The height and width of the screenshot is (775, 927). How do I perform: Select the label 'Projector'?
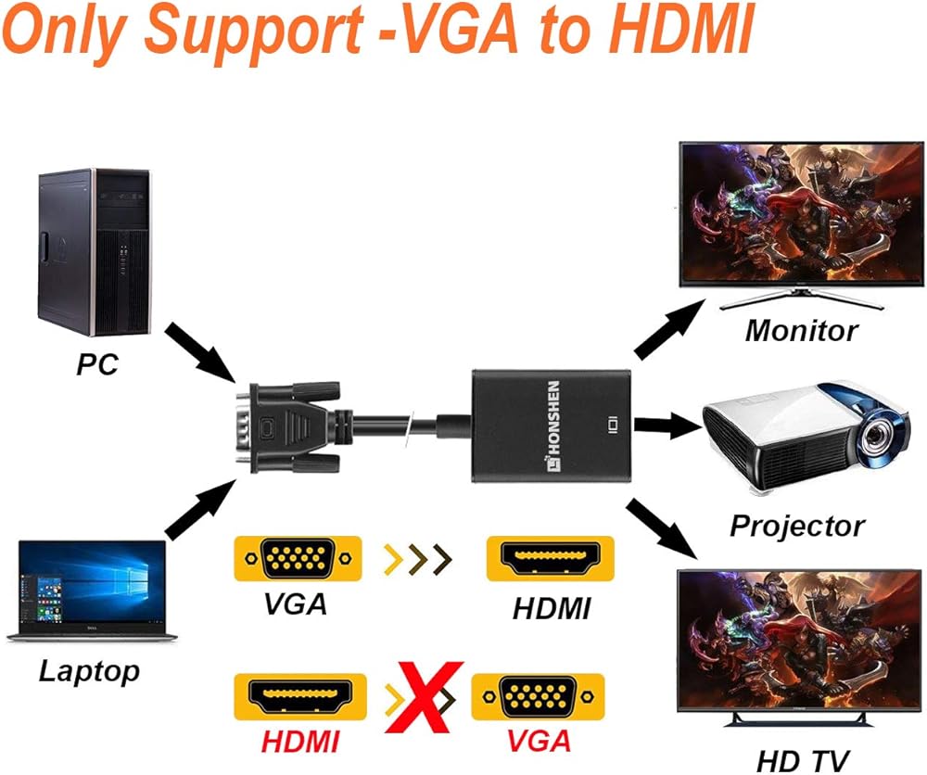(796, 526)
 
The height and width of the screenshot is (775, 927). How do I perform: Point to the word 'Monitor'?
(801, 330)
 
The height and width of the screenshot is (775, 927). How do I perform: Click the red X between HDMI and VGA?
(425, 695)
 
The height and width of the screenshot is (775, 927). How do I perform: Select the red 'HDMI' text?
(299, 742)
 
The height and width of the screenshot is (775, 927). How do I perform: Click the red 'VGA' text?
(538, 742)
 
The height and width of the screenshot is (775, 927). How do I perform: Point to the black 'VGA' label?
(295, 603)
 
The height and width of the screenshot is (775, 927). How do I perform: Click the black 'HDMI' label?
(552, 608)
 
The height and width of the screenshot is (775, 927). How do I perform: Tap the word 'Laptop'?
(89, 670)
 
